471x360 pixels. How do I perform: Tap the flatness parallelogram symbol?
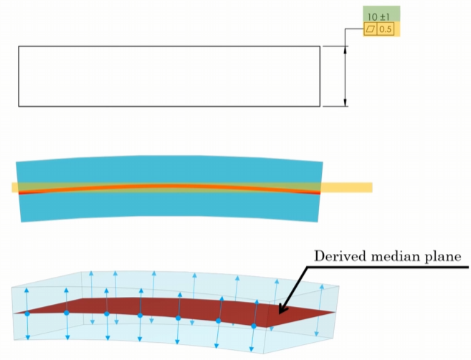tap(371, 29)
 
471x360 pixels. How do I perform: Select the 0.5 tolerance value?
tap(386, 29)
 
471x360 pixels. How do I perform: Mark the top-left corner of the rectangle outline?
tap(19, 47)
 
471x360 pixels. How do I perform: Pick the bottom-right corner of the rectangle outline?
tap(320, 106)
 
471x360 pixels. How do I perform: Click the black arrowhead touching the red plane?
tap(282, 310)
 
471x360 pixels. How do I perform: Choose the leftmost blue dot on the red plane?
tap(27, 313)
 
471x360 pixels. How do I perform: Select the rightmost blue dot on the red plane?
tap(254, 326)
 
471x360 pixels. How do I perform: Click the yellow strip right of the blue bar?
tap(347, 188)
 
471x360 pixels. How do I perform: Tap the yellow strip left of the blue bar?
tap(14, 188)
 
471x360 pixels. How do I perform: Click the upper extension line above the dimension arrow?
tap(334, 47)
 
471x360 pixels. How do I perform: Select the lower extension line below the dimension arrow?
tap(334, 106)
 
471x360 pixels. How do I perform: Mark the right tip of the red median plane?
tap(335, 313)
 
